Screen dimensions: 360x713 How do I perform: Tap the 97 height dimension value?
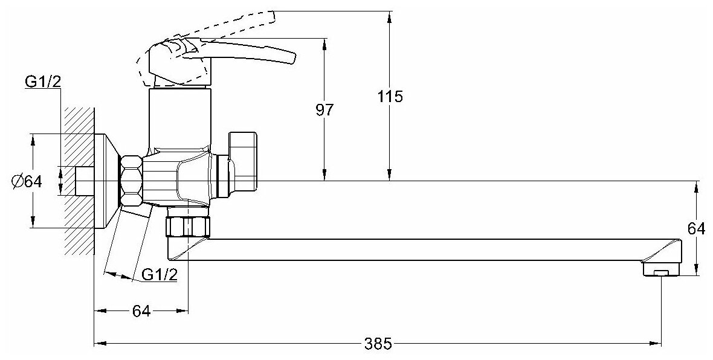click(x=325, y=110)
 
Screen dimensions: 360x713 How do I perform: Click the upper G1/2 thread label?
click(x=42, y=82)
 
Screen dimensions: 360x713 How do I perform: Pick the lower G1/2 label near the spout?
click(x=159, y=275)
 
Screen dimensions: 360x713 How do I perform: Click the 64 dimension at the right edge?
click(x=697, y=228)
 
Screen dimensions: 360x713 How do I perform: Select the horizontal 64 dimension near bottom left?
click(x=141, y=311)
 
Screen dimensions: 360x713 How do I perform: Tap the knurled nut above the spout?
click(x=187, y=227)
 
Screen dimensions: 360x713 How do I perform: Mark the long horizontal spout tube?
click(x=423, y=249)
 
